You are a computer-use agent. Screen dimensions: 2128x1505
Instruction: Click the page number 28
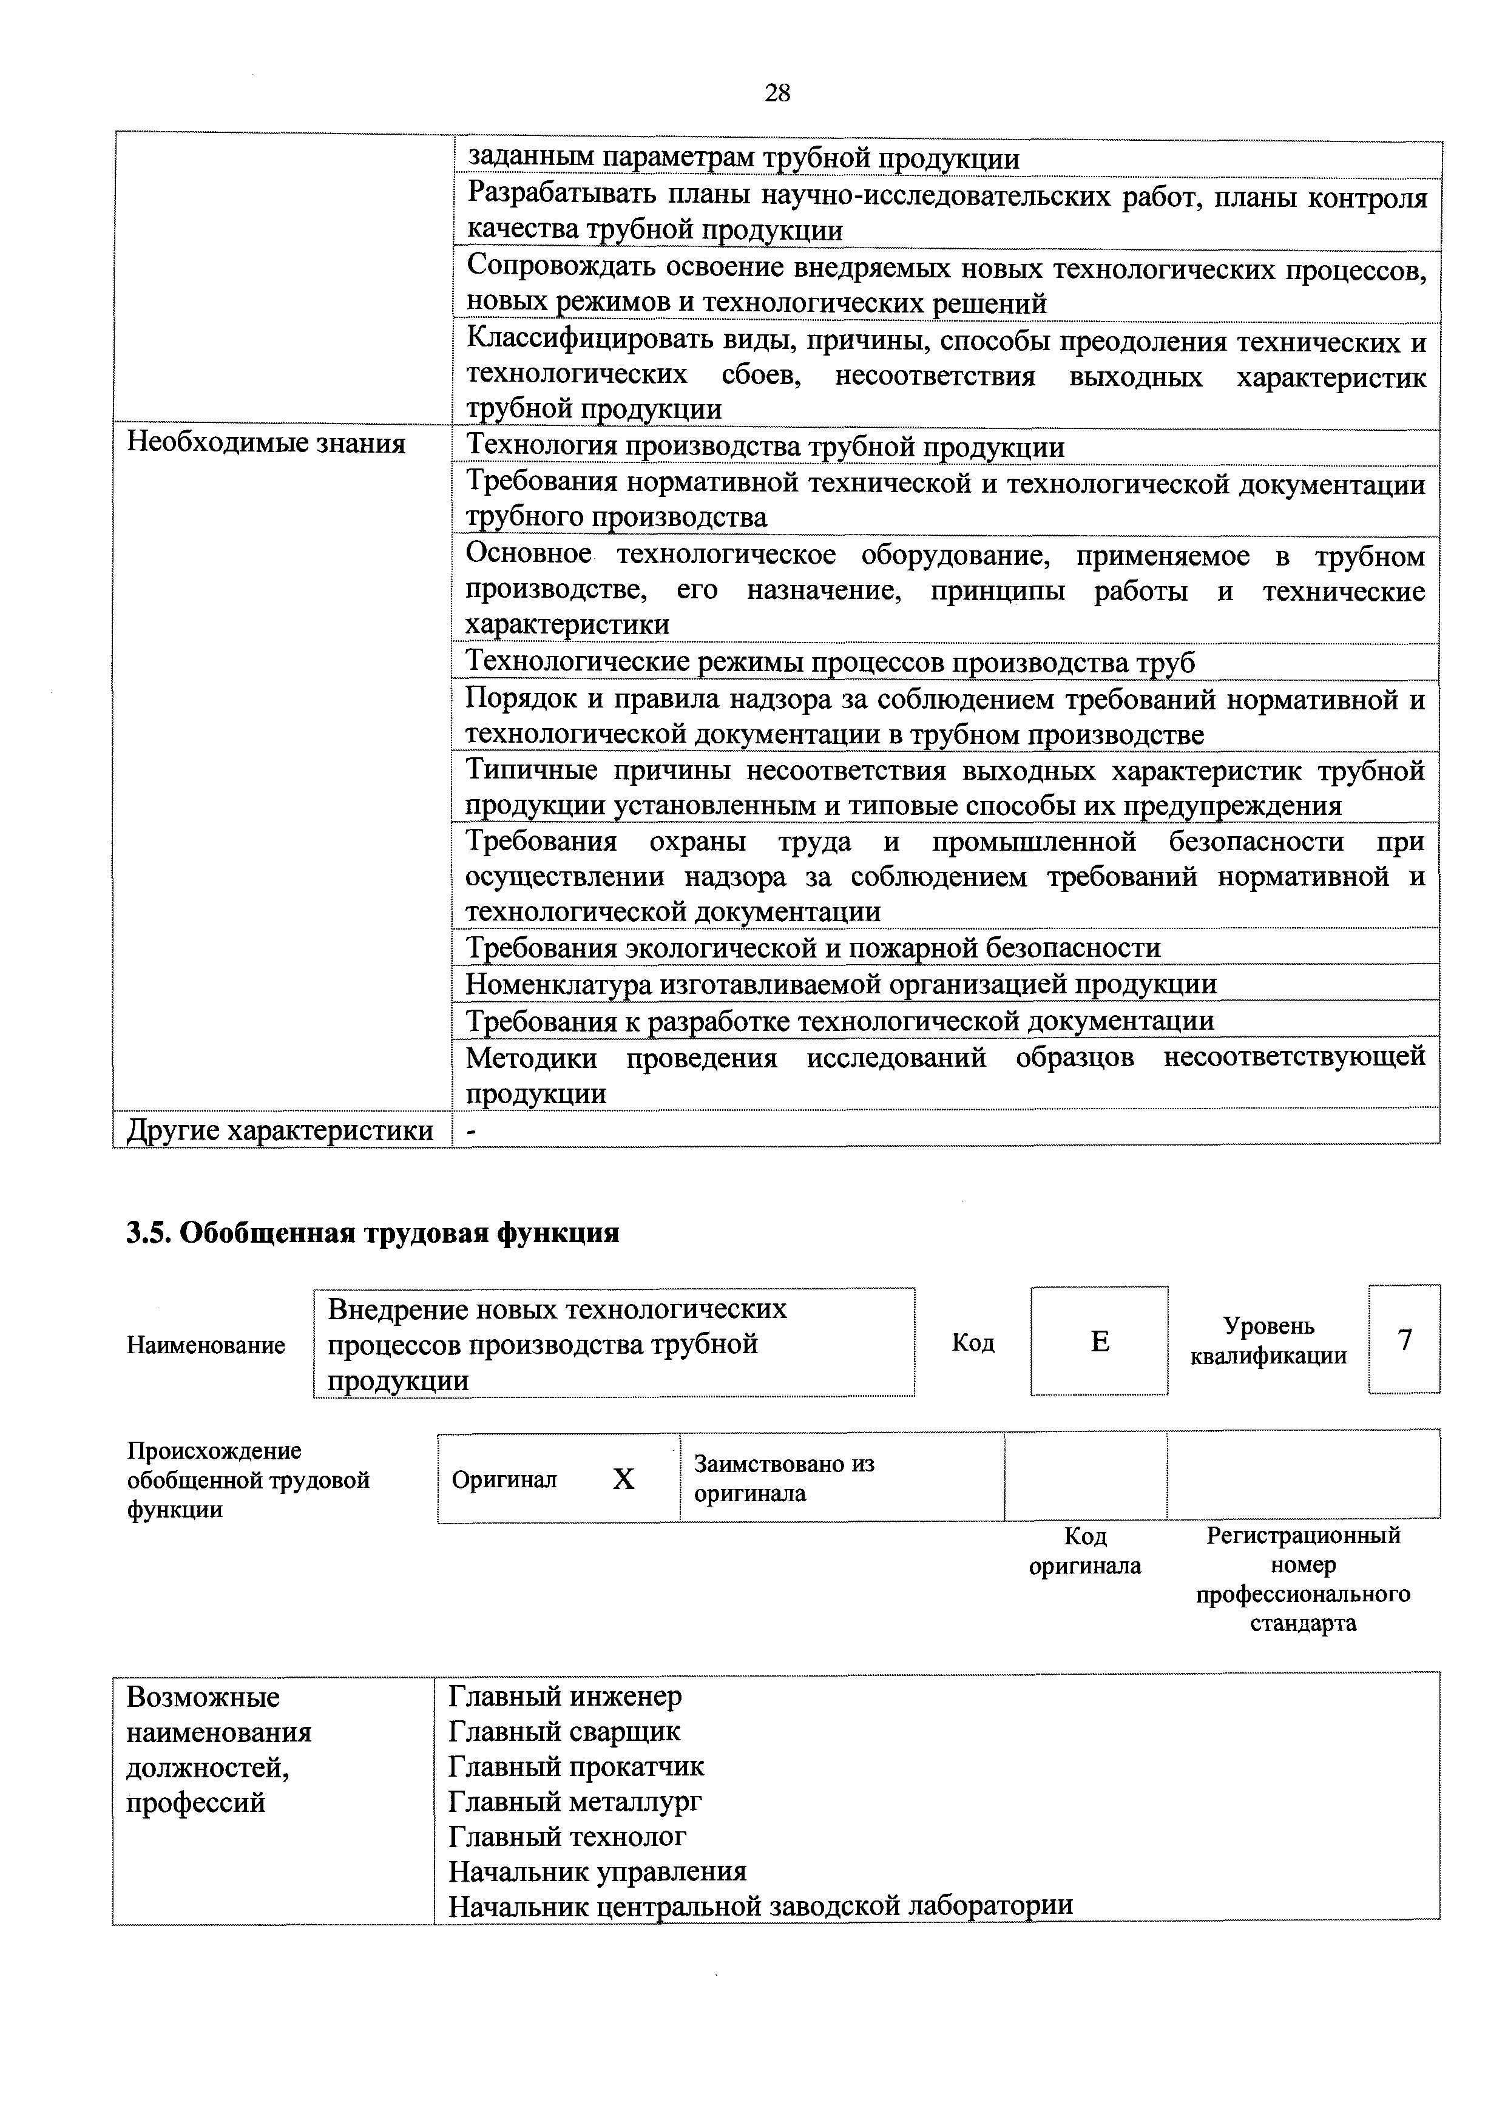point(777,93)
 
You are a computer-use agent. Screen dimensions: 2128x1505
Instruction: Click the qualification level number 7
point(1404,1340)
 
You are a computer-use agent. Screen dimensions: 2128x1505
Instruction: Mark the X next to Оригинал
point(624,1480)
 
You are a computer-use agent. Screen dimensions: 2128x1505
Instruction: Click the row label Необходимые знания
point(266,444)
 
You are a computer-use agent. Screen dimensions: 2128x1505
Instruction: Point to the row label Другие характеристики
point(280,1130)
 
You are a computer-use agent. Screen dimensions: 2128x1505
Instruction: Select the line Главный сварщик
point(564,1731)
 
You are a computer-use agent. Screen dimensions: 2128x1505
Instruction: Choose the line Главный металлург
point(575,1801)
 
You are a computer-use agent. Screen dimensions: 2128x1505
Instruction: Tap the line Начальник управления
point(598,1871)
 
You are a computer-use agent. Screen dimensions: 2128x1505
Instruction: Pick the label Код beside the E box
point(973,1342)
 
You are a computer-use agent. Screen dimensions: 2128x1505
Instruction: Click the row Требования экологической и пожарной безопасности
point(813,948)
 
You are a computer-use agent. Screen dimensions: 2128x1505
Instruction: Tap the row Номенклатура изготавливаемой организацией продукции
point(840,984)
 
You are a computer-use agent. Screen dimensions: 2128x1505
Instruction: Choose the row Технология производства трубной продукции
point(765,448)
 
